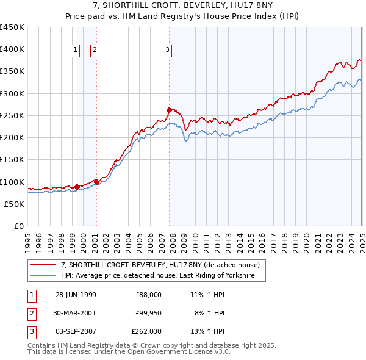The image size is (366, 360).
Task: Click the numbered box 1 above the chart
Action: click(76, 51)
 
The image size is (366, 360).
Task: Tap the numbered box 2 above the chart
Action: click(95, 51)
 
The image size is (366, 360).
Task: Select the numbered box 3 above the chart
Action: click(167, 51)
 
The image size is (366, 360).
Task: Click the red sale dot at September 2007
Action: click(169, 110)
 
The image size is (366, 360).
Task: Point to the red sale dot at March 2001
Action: click(96, 181)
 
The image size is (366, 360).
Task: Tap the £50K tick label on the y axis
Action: click(15, 204)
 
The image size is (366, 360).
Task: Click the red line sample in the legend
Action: click(43, 265)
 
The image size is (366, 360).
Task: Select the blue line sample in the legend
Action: click(43, 276)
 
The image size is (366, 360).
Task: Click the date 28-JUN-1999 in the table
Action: click(76, 295)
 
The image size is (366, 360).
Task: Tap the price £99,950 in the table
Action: click(148, 313)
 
